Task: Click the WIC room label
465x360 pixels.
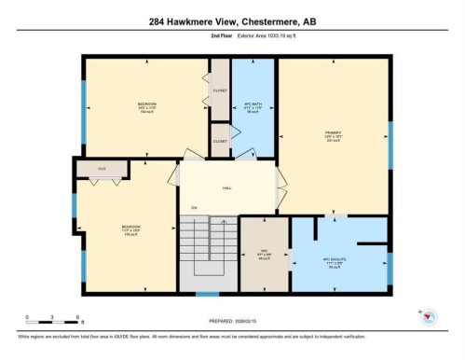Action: click(x=264, y=254)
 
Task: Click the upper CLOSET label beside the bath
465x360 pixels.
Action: click(x=220, y=91)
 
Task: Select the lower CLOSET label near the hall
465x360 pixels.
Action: click(x=220, y=141)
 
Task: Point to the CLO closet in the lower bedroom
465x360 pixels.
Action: click(x=102, y=169)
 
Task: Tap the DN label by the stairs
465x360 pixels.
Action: click(x=194, y=207)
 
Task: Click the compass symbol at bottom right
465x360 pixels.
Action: click(x=428, y=317)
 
